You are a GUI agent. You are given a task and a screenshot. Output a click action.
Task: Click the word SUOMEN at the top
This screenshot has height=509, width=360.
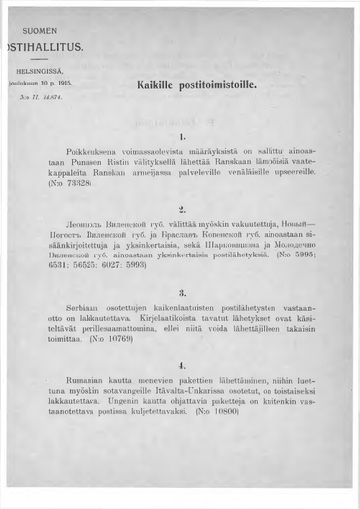point(38,31)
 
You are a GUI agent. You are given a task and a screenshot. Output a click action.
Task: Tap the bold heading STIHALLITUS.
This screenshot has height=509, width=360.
point(44,47)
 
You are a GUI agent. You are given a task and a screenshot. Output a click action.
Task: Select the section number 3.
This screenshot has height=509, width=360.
point(183,293)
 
